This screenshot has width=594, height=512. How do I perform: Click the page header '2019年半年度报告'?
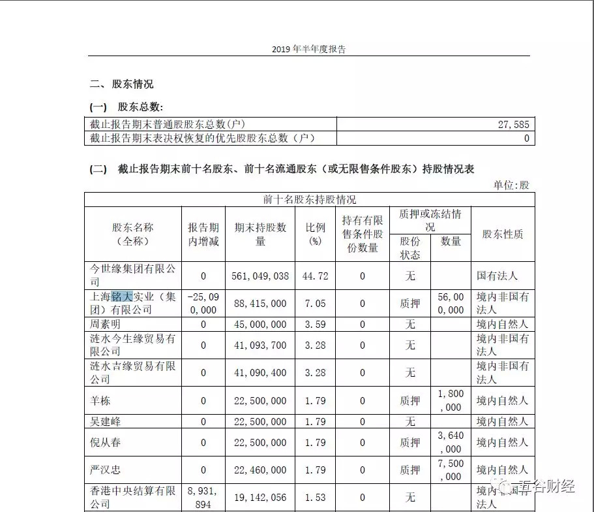(308, 49)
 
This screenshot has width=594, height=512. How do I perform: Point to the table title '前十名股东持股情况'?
(310, 199)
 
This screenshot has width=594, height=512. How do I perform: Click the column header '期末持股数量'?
(260, 234)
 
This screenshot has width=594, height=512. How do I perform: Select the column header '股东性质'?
(502, 234)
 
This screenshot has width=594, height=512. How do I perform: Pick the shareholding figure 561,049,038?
(260, 276)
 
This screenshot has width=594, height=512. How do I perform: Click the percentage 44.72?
(316, 276)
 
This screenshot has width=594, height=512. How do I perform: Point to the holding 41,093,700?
(260, 345)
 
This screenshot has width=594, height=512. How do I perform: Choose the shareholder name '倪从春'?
(105, 442)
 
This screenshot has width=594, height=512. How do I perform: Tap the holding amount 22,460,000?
(260, 470)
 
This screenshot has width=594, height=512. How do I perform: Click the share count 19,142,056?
(260, 497)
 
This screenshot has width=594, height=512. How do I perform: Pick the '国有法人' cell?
(502, 276)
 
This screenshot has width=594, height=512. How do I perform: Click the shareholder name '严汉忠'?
(105, 470)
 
